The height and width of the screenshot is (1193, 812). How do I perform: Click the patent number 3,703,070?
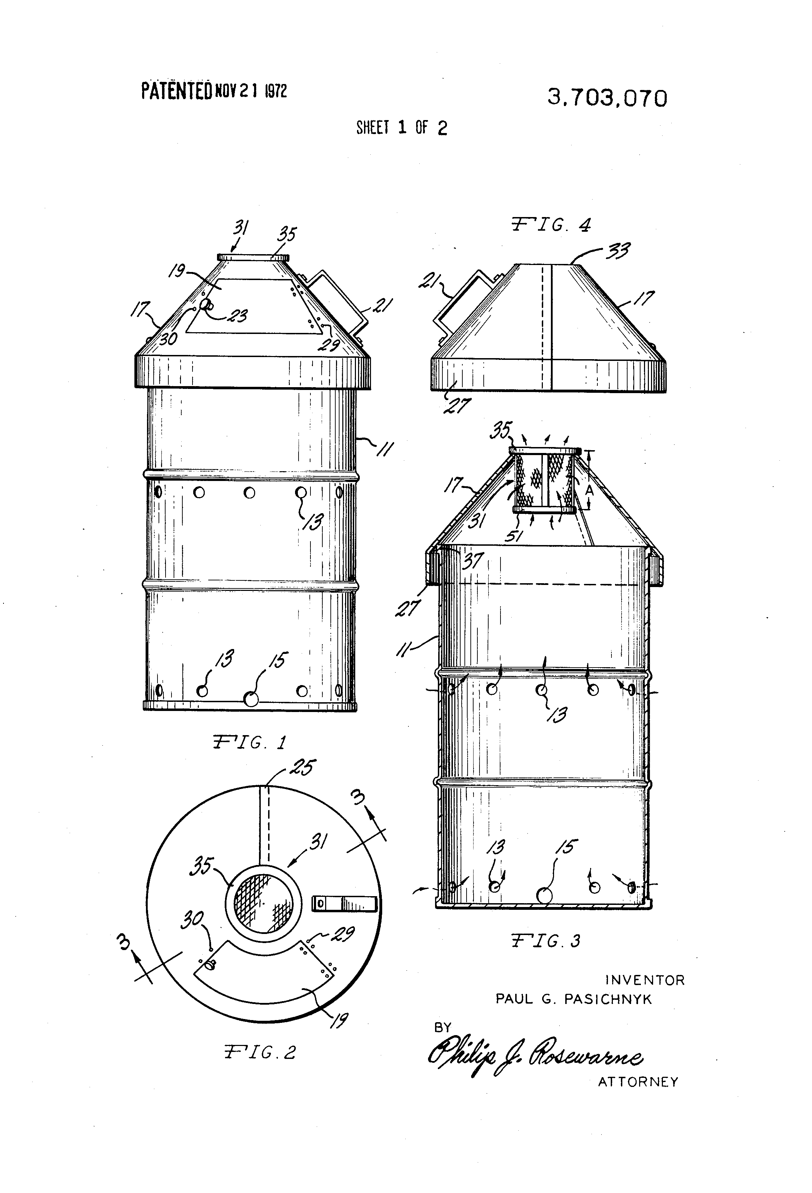click(607, 98)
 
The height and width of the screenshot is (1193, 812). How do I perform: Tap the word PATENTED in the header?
click(176, 91)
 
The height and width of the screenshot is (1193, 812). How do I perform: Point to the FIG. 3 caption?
click(546, 941)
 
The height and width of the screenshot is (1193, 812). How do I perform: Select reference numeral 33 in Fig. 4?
click(618, 251)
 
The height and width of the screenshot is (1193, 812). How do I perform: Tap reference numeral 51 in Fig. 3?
click(514, 536)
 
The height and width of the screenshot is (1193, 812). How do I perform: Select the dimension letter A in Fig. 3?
click(589, 491)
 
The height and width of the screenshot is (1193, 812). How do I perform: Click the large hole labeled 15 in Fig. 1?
click(251, 698)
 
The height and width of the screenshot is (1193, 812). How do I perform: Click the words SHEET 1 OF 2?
click(401, 127)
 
